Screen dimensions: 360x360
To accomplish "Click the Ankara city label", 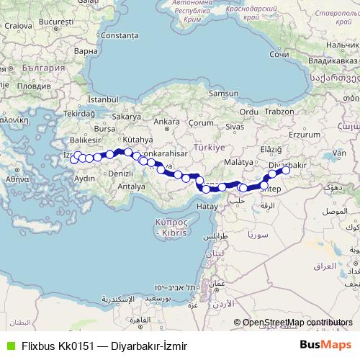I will (166, 121).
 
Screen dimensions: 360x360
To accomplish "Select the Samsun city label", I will (223, 93).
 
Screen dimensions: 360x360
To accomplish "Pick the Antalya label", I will (132, 186).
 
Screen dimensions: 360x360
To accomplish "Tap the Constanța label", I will (120, 35).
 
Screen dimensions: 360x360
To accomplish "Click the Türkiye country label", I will (210, 147).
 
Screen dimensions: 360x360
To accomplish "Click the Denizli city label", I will (121, 174).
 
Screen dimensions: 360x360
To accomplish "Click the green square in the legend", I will (9, 346).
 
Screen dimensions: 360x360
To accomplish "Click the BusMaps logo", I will (325, 345).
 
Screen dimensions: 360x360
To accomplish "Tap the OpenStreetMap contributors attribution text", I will (297, 323).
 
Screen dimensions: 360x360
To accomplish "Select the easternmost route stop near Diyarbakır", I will (286, 171).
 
